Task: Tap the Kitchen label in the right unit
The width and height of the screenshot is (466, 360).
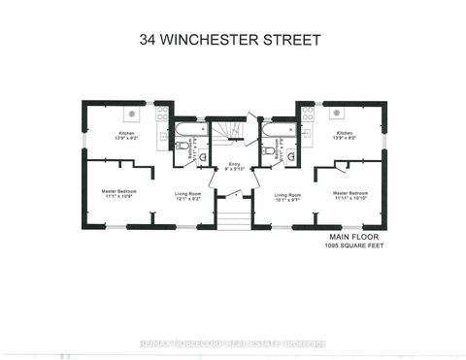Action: [345, 135]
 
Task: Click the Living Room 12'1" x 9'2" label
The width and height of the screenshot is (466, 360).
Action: [187, 197]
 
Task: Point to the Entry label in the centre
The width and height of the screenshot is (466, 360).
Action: [234, 167]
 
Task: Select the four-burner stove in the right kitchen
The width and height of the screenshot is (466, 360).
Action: [307, 114]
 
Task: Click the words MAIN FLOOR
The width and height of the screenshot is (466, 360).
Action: [349, 236]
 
